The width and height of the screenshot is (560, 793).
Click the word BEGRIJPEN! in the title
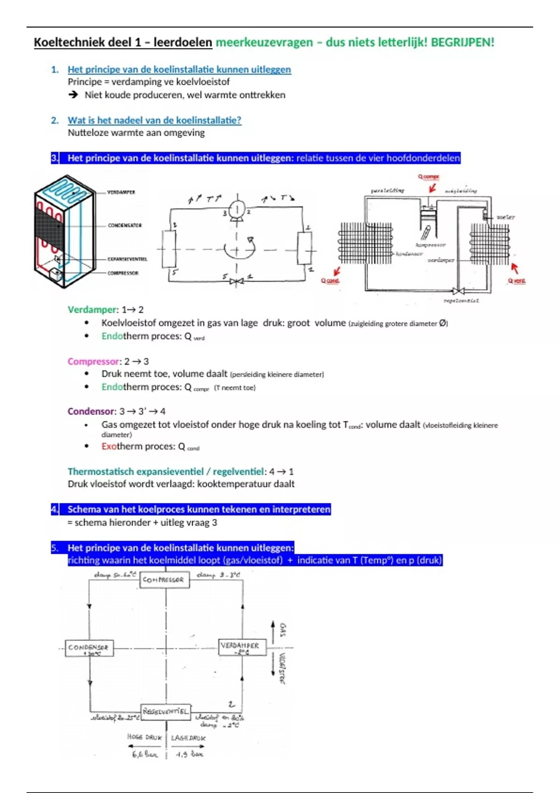pos(462,42)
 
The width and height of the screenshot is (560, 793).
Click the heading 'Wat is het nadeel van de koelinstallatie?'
pos(154,120)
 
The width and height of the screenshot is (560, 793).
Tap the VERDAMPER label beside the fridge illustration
pos(121,192)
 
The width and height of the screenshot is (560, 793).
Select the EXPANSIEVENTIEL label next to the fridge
pos(127,259)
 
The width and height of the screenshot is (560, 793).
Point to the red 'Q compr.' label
pos(428,177)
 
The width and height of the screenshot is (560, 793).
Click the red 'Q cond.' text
pos(330,281)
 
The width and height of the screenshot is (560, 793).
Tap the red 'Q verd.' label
pos(517,281)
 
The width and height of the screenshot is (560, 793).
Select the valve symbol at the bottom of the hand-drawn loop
pos(237,281)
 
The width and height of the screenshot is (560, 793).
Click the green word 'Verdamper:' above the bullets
pos(93,310)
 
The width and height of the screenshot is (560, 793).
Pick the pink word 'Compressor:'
pos(93,362)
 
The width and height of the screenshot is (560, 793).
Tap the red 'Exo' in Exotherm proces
pos(109,446)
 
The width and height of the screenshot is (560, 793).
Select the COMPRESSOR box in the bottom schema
pos(164,580)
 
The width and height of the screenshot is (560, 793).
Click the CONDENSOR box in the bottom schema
pos(89,648)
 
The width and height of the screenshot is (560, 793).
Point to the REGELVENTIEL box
pos(166,711)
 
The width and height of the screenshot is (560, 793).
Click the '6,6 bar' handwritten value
pos(145,754)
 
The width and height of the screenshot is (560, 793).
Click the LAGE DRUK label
pos(188,738)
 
